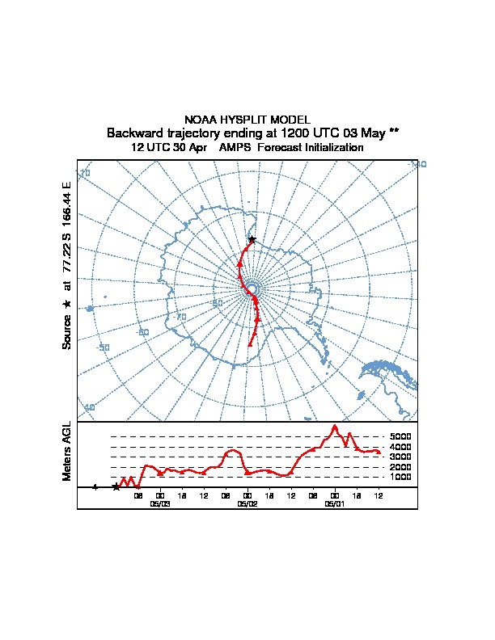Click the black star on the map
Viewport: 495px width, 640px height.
(252, 239)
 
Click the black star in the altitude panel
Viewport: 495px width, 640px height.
(116, 486)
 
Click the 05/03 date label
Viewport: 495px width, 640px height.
(160, 503)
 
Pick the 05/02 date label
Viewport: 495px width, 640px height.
(247, 503)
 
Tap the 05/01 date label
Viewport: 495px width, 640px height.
(334, 503)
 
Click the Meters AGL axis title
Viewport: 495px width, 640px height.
(67, 452)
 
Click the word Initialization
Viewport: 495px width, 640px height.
(331, 148)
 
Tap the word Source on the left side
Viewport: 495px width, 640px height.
(67, 332)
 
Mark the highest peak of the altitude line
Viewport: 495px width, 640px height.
(336, 426)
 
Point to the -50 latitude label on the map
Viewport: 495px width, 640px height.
(103, 347)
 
